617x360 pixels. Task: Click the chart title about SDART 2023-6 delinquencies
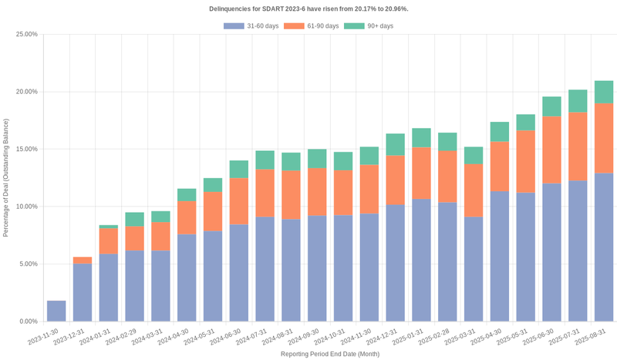tap(308, 8)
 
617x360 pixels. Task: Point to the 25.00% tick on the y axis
tap(26, 35)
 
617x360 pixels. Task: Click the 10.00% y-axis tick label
tap(26, 207)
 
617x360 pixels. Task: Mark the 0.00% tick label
tap(28, 321)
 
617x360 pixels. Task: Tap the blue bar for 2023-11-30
tap(56, 311)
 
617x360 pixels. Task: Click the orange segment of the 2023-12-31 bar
tap(83, 261)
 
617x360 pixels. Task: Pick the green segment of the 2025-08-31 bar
tap(604, 92)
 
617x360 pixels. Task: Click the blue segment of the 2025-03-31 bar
tap(474, 269)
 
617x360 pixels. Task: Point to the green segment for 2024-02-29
tap(135, 220)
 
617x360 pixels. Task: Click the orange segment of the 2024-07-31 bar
tap(265, 193)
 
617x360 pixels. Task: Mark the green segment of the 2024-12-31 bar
tap(396, 145)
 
